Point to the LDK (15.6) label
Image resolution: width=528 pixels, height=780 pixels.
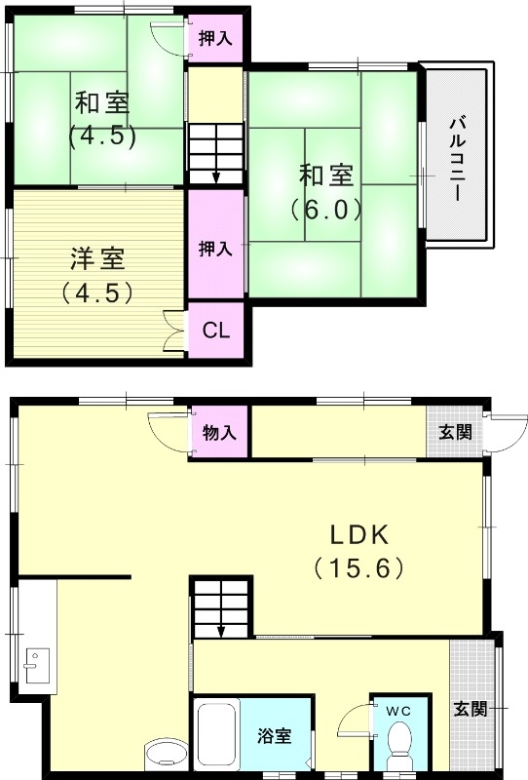[x=358, y=550]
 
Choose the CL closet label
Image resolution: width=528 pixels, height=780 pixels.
[x=215, y=330]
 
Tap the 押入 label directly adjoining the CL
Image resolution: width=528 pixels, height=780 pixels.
[x=215, y=248]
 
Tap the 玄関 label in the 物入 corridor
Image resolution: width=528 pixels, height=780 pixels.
[x=455, y=431]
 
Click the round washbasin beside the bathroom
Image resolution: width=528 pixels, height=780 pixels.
[x=164, y=756]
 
